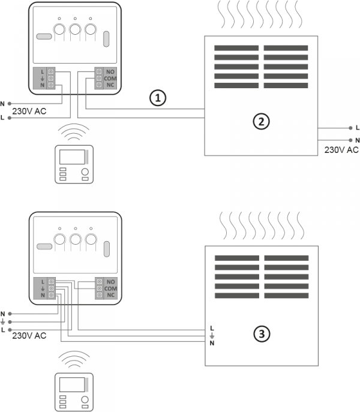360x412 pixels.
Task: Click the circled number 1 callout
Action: (157, 98)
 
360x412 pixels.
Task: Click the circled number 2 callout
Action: (259, 121)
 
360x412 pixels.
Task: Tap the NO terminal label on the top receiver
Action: (110, 71)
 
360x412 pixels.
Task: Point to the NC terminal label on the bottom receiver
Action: (110, 295)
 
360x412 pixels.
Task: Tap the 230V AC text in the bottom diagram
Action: (29, 335)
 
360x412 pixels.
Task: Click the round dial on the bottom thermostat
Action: (85, 399)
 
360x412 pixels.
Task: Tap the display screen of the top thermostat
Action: (71, 157)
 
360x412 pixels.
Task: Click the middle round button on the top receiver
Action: (75, 29)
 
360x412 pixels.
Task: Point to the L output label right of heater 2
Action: (358, 128)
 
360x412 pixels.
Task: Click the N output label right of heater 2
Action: (358, 140)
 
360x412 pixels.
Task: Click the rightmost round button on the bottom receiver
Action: (91, 240)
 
